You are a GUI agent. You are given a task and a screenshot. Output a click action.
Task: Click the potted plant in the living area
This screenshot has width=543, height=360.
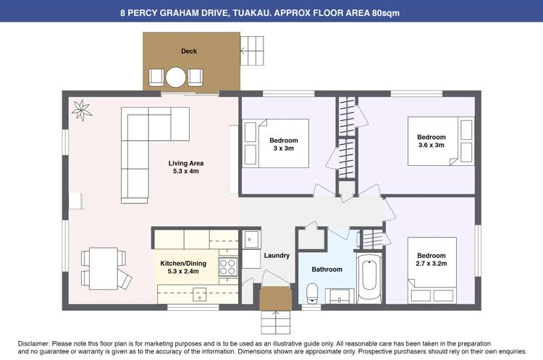(x=82, y=110)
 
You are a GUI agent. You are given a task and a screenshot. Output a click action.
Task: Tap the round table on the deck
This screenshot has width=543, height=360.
(x=176, y=78)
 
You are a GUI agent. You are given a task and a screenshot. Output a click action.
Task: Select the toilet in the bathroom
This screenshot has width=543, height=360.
(x=312, y=293)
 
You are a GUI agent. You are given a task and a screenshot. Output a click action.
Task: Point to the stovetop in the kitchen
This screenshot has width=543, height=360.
(x=228, y=267)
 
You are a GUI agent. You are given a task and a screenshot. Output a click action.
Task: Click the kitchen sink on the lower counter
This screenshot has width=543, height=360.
(x=200, y=294)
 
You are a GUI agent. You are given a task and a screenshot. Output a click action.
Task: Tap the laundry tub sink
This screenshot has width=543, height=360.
(x=251, y=240)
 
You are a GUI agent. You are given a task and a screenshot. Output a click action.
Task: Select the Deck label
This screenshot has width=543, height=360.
(x=189, y=51)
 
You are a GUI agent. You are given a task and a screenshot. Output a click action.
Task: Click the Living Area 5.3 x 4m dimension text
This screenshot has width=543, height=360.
(x=186, y=171)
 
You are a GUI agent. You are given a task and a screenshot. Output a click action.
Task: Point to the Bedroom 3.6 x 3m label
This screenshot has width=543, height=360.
(x=432, y=141)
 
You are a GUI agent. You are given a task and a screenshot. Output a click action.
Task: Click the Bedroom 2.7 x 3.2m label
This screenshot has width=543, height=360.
(x=432, y=259)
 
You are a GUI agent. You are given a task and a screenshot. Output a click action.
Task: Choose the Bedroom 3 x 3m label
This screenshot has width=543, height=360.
(x=284, y=144)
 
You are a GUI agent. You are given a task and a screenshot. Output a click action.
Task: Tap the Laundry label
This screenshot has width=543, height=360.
(x=277, y=256)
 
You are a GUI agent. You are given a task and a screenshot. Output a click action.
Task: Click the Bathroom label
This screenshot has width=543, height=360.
(x=327, y=269)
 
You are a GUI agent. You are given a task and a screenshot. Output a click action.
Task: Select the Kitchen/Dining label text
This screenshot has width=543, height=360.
(x=183, y=264)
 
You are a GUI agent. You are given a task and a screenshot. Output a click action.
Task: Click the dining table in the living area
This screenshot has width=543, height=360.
(x=104, y=269)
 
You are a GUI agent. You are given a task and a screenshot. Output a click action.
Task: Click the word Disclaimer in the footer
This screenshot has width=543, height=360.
(x=34, y=344)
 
